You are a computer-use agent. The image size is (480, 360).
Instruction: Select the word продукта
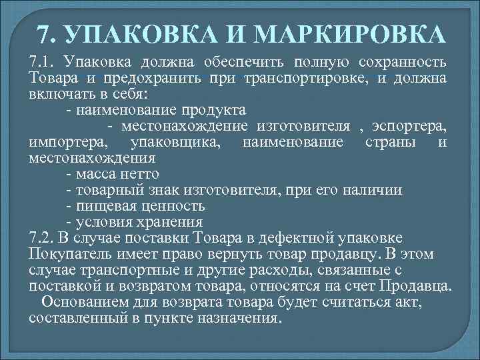coord(217,109)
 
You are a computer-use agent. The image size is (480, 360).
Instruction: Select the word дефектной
coord(311,238)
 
